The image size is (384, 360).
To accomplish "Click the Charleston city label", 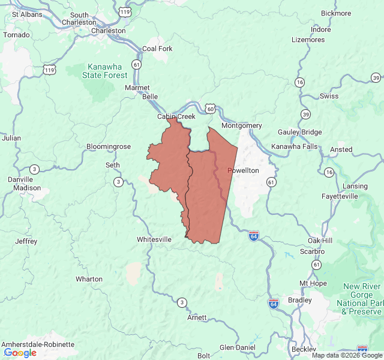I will coord(108,31).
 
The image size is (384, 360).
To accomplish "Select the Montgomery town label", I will coord(241,125).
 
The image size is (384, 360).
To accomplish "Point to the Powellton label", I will coord(243,170).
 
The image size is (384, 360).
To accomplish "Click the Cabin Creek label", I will coord(176,116).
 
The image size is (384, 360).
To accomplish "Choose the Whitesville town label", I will coord(154,239).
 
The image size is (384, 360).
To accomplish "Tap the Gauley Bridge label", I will coord(300,132).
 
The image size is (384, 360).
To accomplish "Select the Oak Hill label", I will coord(320,241).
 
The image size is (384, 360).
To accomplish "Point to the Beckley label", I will coord(304,349).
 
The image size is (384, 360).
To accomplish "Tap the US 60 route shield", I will coord(209,109).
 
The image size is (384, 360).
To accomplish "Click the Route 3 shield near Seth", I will coord(118,182).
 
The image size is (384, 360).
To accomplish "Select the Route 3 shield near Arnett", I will coord(181,301).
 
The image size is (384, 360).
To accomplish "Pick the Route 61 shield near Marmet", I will coord(137,64).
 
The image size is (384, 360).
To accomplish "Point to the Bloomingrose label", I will coord(109,146).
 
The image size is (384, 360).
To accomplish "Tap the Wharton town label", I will coord(89,279).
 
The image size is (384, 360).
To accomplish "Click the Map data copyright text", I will coord(346,355).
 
